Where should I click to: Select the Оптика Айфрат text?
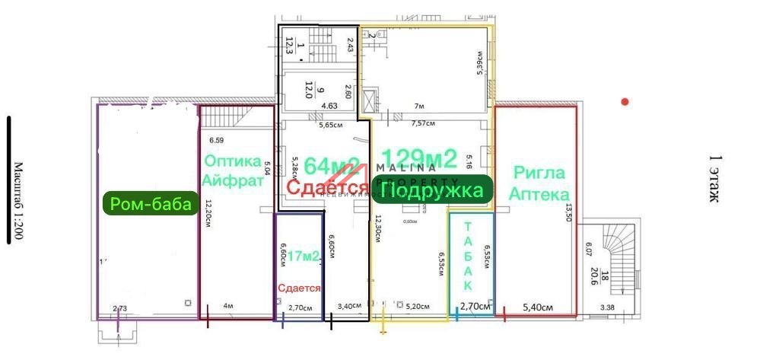point(232,170)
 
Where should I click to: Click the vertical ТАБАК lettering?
point(467,256)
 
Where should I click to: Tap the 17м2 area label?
point(304,257)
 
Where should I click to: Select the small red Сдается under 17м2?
point(299,288)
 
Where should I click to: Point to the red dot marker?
point(625,101)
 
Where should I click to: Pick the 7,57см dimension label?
point(423,123)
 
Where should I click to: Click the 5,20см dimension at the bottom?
point(418,307)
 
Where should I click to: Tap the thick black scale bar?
point(8,180)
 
